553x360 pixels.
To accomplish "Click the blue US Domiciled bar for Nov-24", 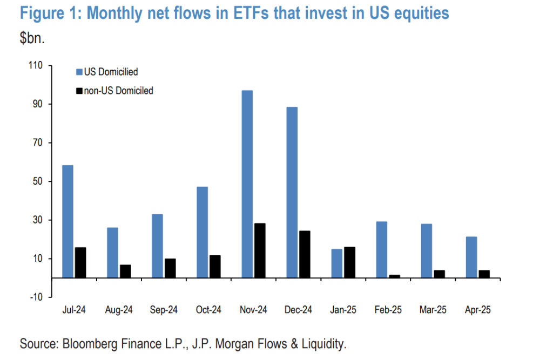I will tap(247, 184).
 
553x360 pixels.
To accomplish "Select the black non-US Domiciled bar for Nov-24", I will tap(260, 250).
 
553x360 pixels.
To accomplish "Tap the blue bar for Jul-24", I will tap(68, 221).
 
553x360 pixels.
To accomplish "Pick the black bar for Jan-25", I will tap(349, 262).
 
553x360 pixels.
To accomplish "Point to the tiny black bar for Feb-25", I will tap(394, 276).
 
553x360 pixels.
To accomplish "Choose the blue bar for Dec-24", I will tap(292, 192).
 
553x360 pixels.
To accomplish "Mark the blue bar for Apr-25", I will tap(471, 257).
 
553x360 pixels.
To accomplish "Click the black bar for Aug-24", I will tap(125, 271).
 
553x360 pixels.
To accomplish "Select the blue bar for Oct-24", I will tap(202, 232).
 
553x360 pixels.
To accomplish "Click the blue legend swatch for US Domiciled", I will tap(79, 72).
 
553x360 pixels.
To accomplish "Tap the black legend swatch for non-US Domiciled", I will tap(79, 91).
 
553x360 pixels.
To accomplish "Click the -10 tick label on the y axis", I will tap(36, 297).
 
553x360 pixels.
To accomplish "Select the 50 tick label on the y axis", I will tap(37, 181).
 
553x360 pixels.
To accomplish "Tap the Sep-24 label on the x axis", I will tap(164, 310).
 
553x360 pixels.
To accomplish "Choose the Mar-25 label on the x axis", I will tap(432, 310).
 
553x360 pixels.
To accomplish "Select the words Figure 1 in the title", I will tap(48, 13).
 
